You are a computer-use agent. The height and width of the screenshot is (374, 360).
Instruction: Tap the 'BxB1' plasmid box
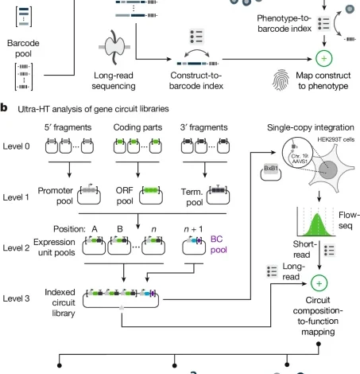269,171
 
